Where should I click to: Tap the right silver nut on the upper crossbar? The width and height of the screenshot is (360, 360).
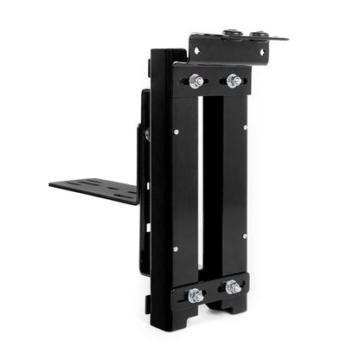232,81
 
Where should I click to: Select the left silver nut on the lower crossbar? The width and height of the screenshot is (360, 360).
196,295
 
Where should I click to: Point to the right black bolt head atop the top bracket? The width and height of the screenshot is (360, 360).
257,35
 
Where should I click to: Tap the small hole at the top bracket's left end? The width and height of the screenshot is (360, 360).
197,51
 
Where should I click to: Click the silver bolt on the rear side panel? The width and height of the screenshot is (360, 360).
147,134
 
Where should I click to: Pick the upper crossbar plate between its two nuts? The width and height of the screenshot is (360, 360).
215,82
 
